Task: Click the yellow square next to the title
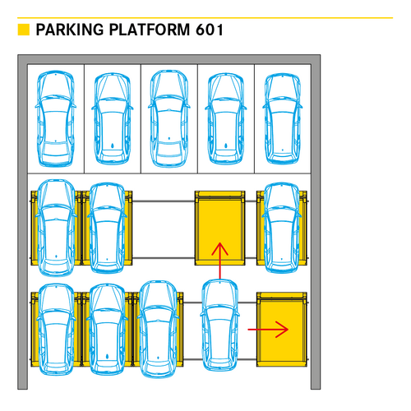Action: tap(24, 30)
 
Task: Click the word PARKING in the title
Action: tap(70, 30)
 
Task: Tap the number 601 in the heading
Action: tap(210, 30)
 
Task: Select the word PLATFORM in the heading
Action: tap(150, 30)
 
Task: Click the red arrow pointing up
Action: tap(219, 261)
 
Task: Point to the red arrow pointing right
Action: tap(268, 330)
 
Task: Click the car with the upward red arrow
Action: tap(219, 326)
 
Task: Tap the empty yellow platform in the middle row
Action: tap(219, 228)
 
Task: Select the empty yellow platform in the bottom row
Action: tap(282, 330)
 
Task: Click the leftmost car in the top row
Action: tap(56, 118)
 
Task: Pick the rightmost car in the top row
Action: tap(283, 118)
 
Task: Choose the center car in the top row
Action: tap(169, 118)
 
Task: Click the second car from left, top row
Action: tap(113, 118)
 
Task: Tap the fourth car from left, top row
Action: tap(226, 118)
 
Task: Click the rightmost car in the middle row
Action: tap(282, 228)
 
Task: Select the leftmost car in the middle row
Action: tap(56, 228)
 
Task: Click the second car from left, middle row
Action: tap(107, 228)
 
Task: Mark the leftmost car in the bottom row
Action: tap(56, 330)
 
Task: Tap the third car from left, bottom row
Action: tap(158, 330)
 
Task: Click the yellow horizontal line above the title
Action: tap(205, 18)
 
